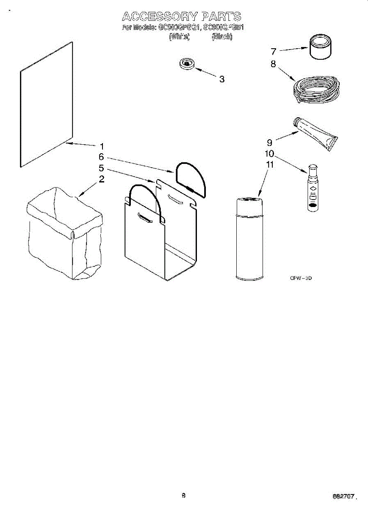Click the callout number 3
pyautogui.click(x=221, y=79)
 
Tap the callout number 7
pyautogui.click(x=274, y=52)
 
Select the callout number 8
pyautogui.click(x=273, y=64)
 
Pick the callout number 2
pyautogui.click(x=102, y=179)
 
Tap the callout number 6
pyautogui.click(x=101, y=157)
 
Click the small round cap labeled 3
pyautogui.click(x=186, y=64)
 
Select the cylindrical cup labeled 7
pyautogui.click(x=320, y=48)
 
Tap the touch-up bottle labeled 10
pyautogui.click(x=313, y=188)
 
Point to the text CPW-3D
pyautogui.click(x=301, y=278)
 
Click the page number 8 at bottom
pyautogui.click(x=183, y=495)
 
